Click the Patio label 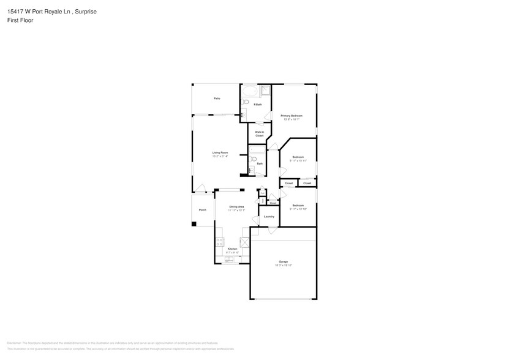tap(217, 99)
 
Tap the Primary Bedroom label tap(291, 116)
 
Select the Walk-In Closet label tap(259, 133)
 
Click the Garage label tap(283, 261)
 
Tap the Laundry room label tap(268, 217)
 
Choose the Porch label tap(202, 210)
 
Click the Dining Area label tap(236, 207)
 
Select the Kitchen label tap(232, 249)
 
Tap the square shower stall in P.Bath tap(266, 91)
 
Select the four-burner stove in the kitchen tap(219, 243)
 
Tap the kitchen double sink tap(230, 260)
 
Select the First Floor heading tap(21, 20)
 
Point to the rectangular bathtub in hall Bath tap(256, 149)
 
